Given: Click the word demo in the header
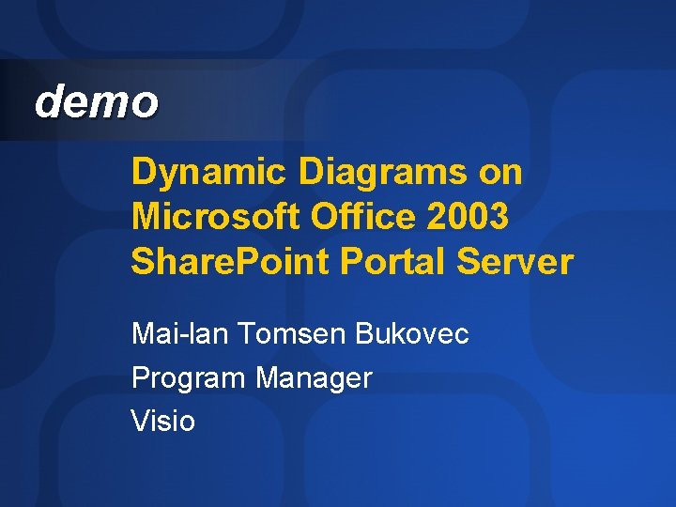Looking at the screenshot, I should coord(96,101).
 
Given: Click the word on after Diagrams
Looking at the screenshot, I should coord(500,174).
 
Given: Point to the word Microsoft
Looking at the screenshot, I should coord(207,217).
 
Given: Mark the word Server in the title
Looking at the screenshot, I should coord(514,262).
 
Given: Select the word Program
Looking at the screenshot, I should coord(189,379).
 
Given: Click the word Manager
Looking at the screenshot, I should coord(314,379).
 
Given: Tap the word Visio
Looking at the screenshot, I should coord(163,422).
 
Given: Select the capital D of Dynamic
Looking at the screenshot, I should coord(143,174).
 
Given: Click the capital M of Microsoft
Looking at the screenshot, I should coord(146,217).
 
